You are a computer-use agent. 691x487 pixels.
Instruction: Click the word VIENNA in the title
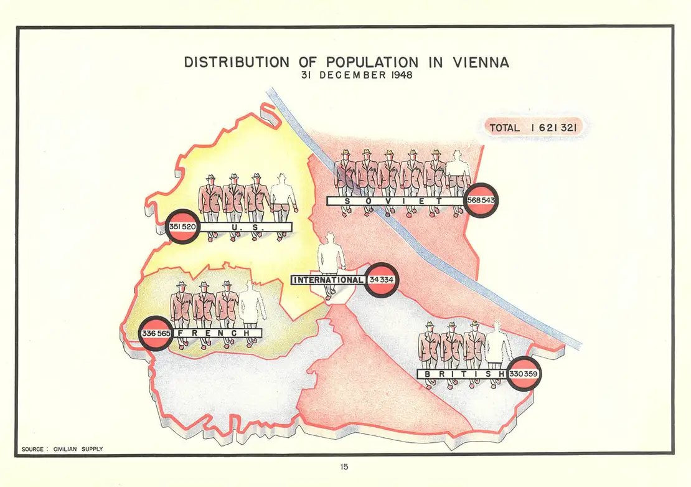point(479,62)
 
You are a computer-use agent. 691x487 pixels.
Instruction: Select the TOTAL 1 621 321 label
point(534,128)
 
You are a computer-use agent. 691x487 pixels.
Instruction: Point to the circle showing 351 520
point(183,227)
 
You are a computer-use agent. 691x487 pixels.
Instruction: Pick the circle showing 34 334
point(380,280)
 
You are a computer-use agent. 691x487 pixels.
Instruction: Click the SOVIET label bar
point(395,201)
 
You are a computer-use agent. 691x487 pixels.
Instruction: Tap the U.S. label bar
point(245,228)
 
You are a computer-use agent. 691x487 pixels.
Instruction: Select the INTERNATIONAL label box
point(327,280)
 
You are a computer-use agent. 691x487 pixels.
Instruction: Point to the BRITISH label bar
point(461,374)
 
